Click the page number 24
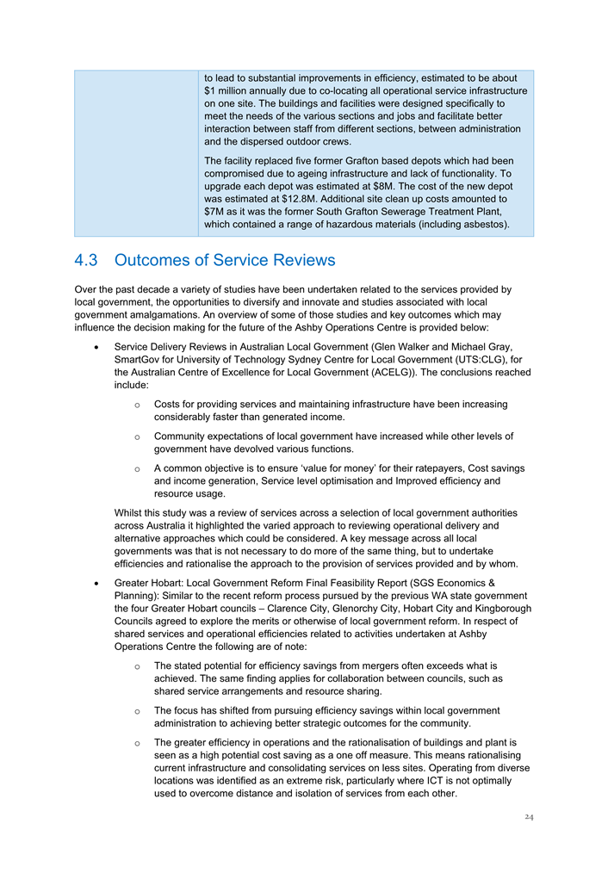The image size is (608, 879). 528,817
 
